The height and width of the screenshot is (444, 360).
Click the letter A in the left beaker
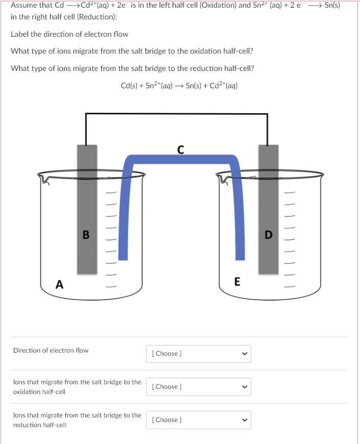pos(60,285)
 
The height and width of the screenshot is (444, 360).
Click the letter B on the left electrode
pos(86,235)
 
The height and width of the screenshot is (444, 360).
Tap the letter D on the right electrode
pos(269,235)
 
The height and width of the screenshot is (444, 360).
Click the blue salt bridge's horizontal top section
pos(181,159)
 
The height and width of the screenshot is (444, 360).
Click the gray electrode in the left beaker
pos(87,204)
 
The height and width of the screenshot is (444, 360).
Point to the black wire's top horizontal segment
pos(176,114)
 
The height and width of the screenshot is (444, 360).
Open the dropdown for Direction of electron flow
pos(198,354)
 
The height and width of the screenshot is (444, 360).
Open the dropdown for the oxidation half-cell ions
pos(198,387)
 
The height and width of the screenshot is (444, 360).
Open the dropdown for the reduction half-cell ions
pos(198,420)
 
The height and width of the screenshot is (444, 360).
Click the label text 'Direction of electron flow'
pos(51,351)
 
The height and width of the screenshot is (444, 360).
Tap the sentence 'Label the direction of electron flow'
pos(69,34)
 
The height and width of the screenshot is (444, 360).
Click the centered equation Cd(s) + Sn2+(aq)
pos(179,85)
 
